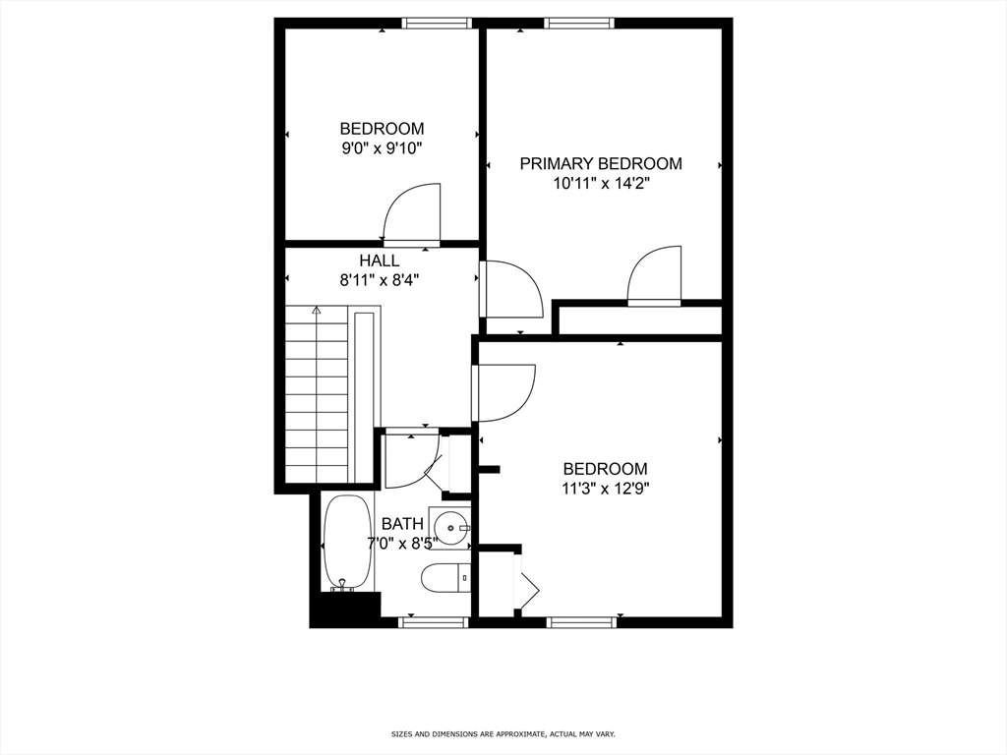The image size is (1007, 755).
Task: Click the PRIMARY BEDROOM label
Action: [x=600, y=163]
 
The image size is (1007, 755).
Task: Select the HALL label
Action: [x=380, y=261]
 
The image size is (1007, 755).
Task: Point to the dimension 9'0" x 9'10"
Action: [x=382, y=148]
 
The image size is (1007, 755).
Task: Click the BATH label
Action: [x=402, y=523]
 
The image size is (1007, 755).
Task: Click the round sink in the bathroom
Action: [x=451, y=529]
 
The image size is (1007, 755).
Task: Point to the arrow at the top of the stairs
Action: [x=316, y=312]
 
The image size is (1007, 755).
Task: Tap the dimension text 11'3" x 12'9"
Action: [x=605, y=489]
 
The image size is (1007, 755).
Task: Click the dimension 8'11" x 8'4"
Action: [x=380, y=280]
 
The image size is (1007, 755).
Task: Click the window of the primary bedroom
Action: [x=580, y=23]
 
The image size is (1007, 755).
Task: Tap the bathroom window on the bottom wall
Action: [x=433, y=621]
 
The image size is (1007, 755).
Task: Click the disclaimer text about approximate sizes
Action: [x=503, y=734]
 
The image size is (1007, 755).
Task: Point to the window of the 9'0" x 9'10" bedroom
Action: [x=436, y=23]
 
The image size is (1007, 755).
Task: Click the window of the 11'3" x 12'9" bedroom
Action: [x=581, y=621]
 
